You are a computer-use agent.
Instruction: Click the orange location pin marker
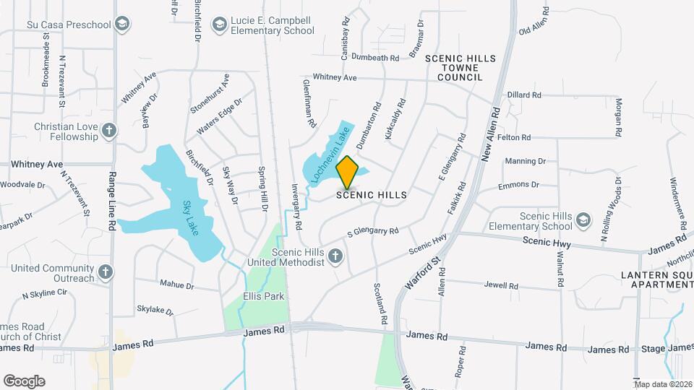[347, 172]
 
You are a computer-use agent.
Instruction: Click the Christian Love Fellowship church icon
[108, 131]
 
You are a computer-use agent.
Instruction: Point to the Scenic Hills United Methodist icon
[335, 256]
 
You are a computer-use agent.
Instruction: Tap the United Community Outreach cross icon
[106, 272]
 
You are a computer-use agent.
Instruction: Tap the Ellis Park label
[263, 296]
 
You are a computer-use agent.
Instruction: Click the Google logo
[24, 381]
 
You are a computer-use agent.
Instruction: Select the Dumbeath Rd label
[376, 58]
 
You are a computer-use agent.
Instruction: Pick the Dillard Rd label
[524, 95]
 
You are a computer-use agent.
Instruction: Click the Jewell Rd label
[502, 286]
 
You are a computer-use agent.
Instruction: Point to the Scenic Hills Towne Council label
[453, 67]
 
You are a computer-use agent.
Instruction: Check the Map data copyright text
[663, 383]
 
